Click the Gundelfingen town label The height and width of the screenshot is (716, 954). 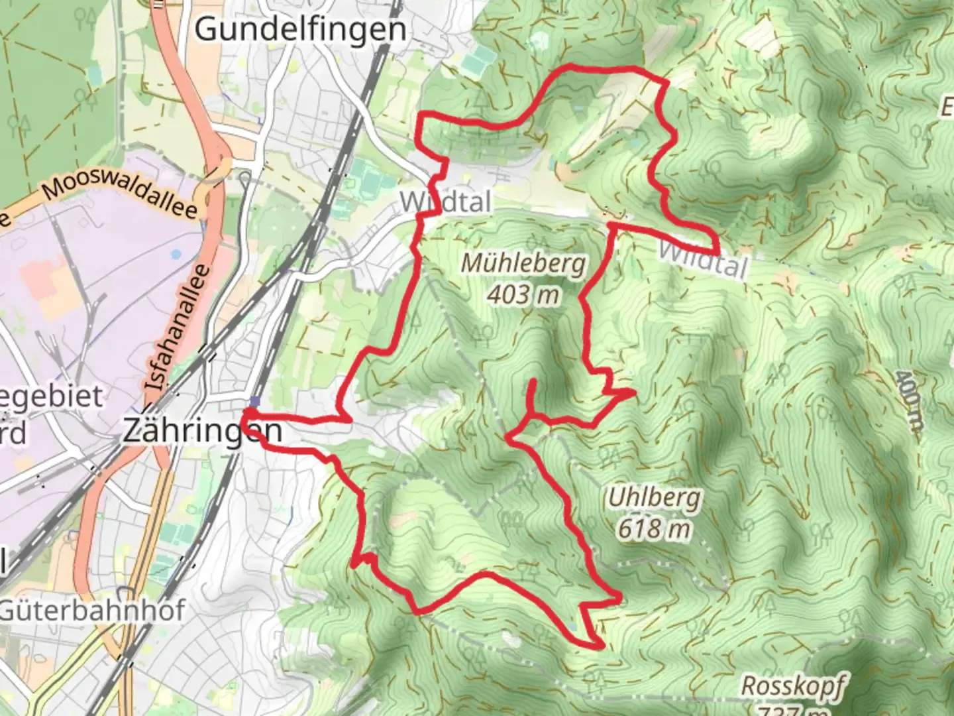300,29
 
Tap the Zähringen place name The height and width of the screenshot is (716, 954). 202,432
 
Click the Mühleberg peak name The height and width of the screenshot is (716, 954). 523,263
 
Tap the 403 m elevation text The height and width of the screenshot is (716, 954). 523,294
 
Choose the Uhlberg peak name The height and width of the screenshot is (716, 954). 654,497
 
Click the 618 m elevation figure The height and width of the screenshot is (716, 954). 654,528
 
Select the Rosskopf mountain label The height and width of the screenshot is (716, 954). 792,686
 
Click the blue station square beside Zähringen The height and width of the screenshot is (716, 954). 255,401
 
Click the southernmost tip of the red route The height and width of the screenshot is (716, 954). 602,645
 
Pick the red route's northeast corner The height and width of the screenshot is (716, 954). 665,81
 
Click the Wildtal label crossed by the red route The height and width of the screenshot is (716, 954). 445,202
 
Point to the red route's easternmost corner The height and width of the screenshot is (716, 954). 717,253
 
